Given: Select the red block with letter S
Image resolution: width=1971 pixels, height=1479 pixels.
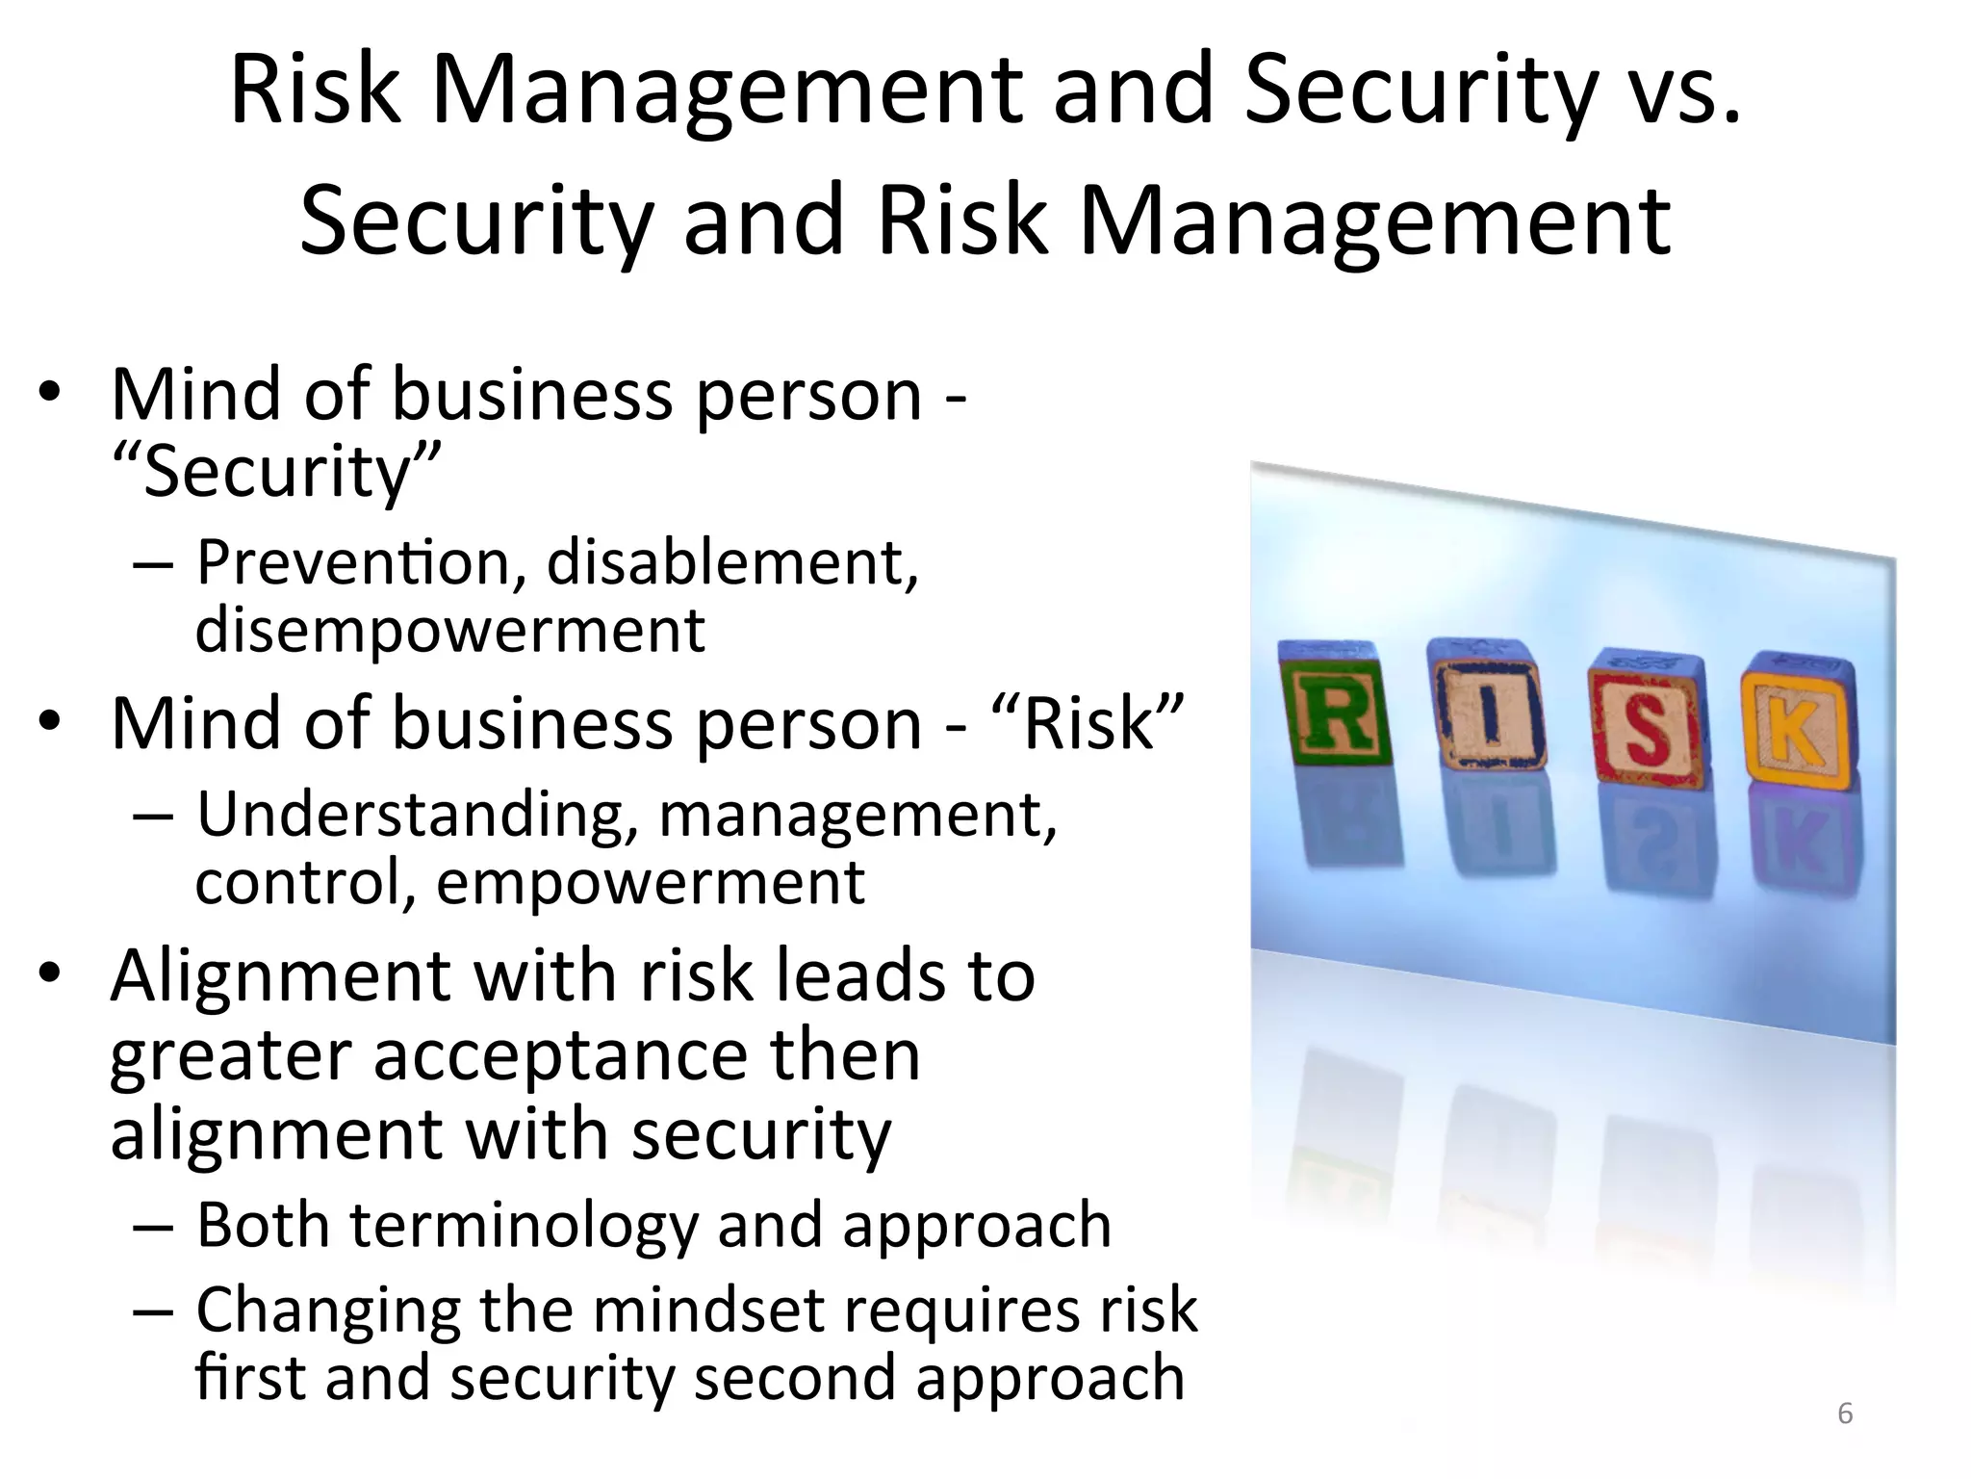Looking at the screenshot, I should pyautogui.click(x=1645, y=716).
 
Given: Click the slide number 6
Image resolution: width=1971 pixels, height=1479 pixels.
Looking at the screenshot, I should pyautogui.click(x=1845, y=1414).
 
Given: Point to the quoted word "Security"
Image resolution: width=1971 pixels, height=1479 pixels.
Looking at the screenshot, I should pyautogui.click(x=277, y=472).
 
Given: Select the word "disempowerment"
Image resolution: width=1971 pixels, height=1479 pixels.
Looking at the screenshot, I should pyautogui.click(x=450, y=631).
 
